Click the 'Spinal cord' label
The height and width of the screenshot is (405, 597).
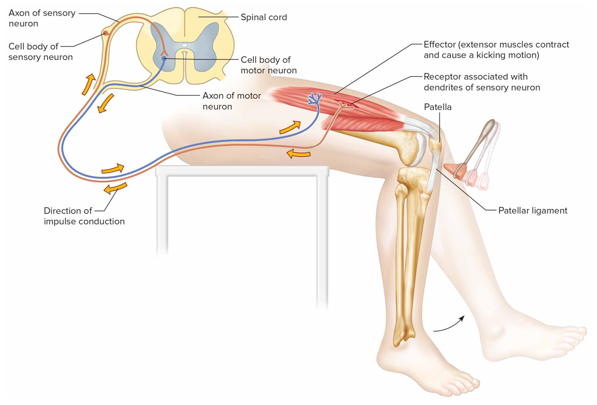[263, 17]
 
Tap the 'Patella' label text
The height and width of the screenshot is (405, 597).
[438, 106]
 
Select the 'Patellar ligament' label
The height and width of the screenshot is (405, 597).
[532, 210]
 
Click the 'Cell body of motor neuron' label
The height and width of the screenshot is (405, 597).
[268, 65]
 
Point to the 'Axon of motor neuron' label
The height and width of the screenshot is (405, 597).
[232, 101]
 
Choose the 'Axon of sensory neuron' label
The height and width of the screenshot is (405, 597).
[42, 18]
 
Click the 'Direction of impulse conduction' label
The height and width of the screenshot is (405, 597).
[84, 216]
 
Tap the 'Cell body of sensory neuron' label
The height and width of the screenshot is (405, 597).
[41, 52]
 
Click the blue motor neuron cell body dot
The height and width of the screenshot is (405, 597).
[164, 58]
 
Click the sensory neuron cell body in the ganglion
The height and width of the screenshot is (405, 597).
[105, 33]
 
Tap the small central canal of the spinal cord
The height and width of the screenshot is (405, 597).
[184, 45]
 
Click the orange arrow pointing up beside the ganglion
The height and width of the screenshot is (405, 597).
[88, 84]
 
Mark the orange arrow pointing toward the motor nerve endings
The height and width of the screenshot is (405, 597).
[290, 128]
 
